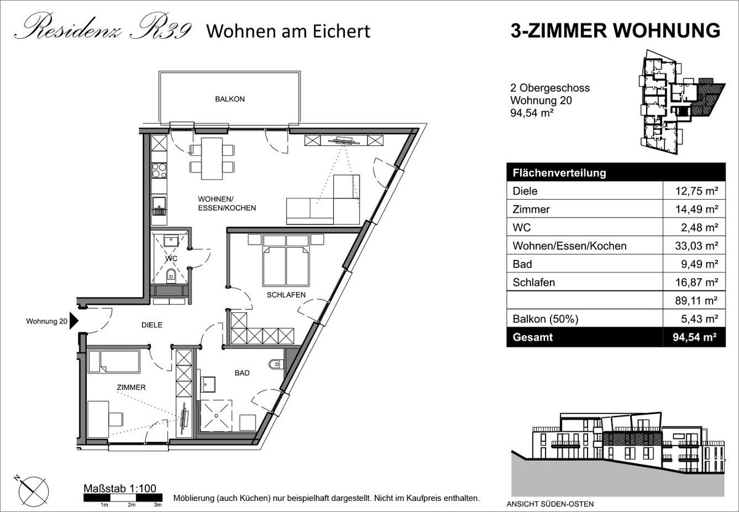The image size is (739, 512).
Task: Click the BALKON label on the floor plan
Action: pyautogui.click(x=230, y=99)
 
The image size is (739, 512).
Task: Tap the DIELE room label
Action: pyautogui.click(x=151, y=325)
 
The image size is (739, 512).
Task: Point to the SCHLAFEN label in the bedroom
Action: pyautogui.click(x=286, y=295)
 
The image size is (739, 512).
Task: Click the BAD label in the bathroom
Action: pyautogui.click(x=242, y=373)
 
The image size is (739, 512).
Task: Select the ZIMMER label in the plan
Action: pyautogui.click(x=131, y=388)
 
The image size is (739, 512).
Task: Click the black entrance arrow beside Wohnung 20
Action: pyautogui.click(x=74, y=321)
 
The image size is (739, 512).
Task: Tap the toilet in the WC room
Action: pyautogui.click(x=171, y=275)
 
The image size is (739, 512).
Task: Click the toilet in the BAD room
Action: pyautogui.click(x=276, y=365)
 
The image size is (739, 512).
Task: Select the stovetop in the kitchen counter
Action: pyautogui.click(x=160, y=170)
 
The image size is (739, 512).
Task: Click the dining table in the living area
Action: pyautogui.click(x=212, y=159)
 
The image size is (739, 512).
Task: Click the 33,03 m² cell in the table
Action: pyautogui.click(x=697, y=246)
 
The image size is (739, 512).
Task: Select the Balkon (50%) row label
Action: pyautogui.click(x=546, y=319)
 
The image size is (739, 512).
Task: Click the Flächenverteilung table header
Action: pyautogui.click(x=560, y=173)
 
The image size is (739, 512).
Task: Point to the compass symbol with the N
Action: pyautogui.click(x=33, y=491)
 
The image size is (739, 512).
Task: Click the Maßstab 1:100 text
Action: pyautogui.click(x=119, y=489)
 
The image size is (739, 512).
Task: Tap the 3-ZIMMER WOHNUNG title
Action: pyautogui.click(x=616, y=31)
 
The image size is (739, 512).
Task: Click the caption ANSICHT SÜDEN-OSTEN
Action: pyautogui.click(x=551, y=504)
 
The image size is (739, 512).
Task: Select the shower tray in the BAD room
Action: pyautogui.click(x=216, y=415)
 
